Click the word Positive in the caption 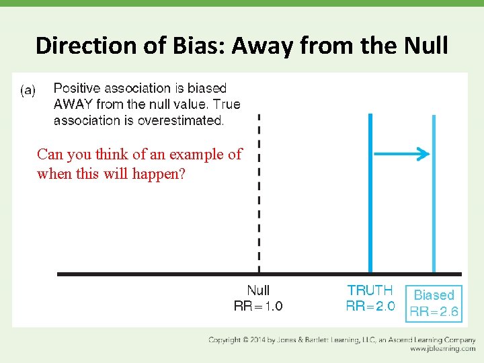click(x=77, y=88)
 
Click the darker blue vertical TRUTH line click(x=370, y=195)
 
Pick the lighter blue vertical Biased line click(x=434, y=195)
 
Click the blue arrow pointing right click(x=402, y=155)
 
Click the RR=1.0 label click(x=258, y=307)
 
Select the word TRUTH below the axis click(x=370, y=290)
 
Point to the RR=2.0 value click(x=370, y=307)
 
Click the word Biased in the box click(x=434, y=295)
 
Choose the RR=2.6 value click(x=434, y=311)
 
